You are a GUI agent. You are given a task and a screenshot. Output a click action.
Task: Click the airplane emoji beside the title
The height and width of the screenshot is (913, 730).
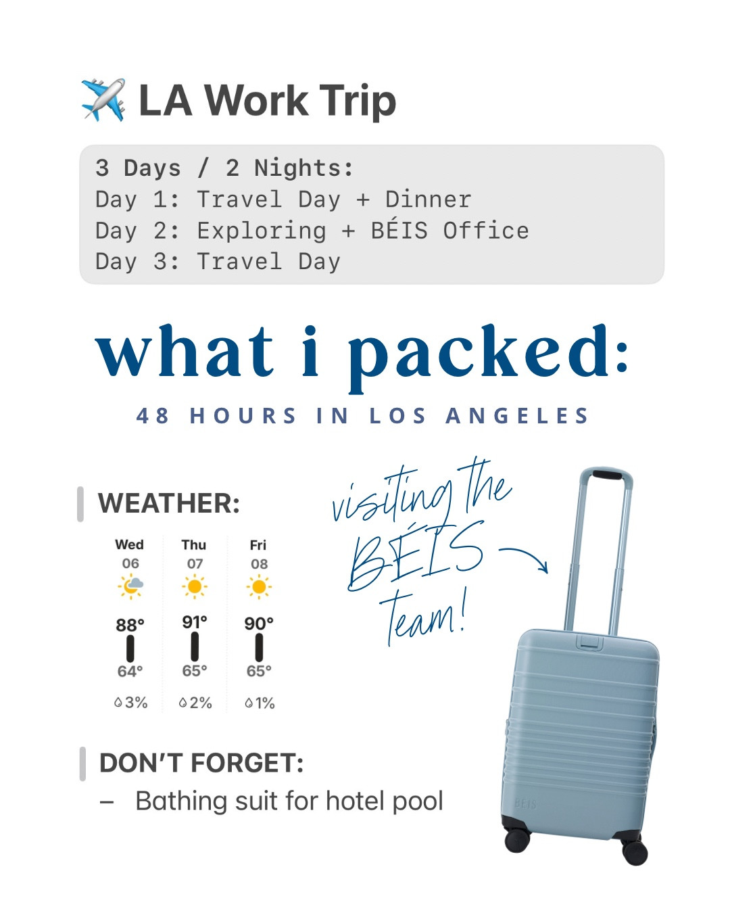[x=103, y=100]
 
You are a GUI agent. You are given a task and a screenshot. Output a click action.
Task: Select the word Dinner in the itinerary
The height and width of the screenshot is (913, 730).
[x=428, y=200]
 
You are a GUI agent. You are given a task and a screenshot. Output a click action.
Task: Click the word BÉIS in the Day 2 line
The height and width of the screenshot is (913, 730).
[x=399, y=231]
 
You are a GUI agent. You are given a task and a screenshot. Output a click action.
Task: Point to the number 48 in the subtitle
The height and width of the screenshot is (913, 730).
[x=153, y=415]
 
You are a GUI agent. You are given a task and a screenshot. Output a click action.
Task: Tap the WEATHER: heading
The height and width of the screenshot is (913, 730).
[x=169, y=504]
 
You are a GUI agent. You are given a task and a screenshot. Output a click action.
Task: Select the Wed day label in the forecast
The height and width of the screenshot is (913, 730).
[x=129, y=545]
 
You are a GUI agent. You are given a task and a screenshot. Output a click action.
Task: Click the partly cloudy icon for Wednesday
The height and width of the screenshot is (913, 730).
[x=130, y=586]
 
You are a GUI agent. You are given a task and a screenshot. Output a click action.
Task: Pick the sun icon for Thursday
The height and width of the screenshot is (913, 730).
[x=195, y=586]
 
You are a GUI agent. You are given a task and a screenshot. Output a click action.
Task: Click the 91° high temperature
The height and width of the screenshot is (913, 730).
[x=195, y=622]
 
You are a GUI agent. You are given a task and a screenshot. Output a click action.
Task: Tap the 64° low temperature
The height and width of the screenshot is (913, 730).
[x=130, y=672]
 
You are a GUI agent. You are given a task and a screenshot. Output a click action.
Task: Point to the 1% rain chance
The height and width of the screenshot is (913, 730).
[x=260, y=703]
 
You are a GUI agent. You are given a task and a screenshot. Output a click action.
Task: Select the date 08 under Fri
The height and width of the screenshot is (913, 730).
[x=259, y=564]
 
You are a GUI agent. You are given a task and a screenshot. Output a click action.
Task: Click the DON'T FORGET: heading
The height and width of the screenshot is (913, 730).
[x=201, y=764]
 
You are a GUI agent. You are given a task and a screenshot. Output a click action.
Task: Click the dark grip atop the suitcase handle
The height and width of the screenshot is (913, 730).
[x=607, y=475]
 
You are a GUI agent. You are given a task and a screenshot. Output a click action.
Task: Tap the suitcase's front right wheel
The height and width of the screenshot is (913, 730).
[x=635, y=853]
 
